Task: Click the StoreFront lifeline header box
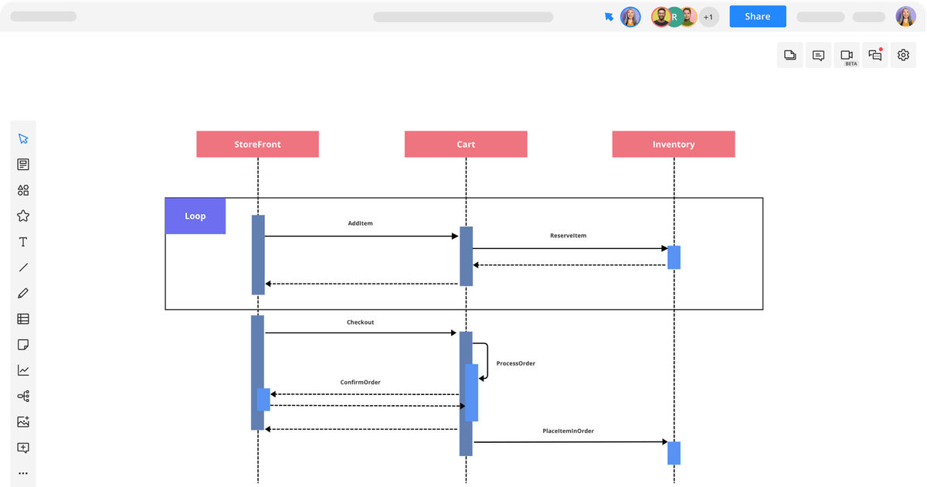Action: pyautogui.click(x=257, y=145)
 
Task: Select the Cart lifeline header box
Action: pyautogui.click(x=466, y=145)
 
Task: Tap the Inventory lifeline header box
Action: pyautogui.click(x=674, y=145)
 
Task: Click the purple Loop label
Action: pyautogui.click(x=195, y=216)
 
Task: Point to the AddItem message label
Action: pyautogui.click(x=361, y=223)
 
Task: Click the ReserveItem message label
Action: pyautogui.click(x=568, y=235)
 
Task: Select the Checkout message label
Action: pyautogui.click(x=360, y=322)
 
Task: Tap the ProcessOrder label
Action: pyautogui.click(x=516, y=363)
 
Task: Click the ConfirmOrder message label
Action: pyautogui.click(x=360, y=382)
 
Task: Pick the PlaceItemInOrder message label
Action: pyautogui.click(x=568, y=431)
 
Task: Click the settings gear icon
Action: pyautogui.click(x=903, y=55)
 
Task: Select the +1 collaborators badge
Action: pyautogui.click(x=709, y=17)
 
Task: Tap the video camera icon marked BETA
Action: pyautogui.click(x=847, y=56)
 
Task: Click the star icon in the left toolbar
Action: pyautogui.click(x=23, y=216)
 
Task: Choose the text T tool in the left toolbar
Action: pyautogui.click(x=23, y=242)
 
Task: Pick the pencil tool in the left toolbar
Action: pyautogui.click(x=23, y=293)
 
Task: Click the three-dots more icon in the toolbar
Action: pyautogui.click(x=23, y=473)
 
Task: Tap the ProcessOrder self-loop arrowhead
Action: pyautogui.click(x=483, y=378)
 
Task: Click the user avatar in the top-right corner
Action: pyautogui.click(x=905, y=17)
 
